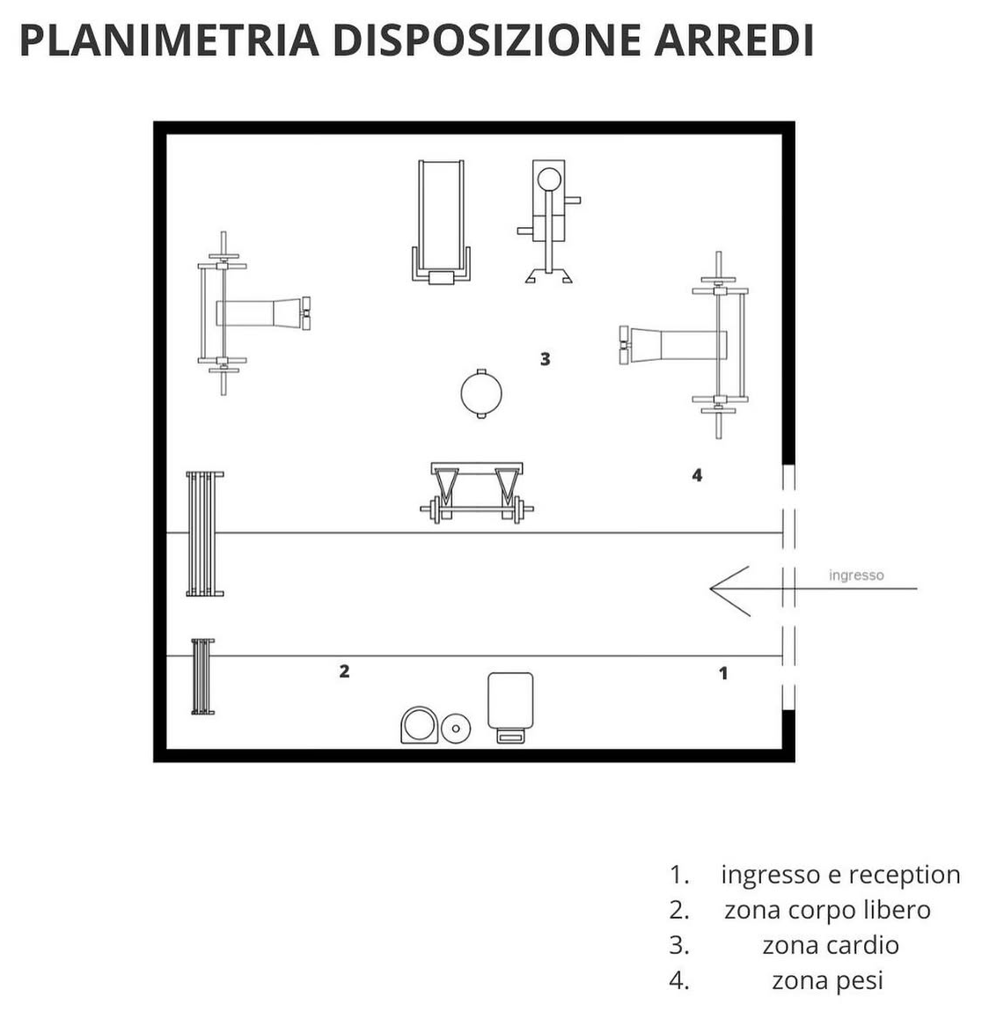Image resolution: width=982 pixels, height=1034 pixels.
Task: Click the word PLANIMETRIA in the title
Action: (168, 40)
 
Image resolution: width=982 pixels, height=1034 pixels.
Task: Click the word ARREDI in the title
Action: (733, 40)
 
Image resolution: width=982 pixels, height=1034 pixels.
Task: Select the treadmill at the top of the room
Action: (441, 221)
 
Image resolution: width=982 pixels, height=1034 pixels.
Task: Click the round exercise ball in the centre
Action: (481, 393)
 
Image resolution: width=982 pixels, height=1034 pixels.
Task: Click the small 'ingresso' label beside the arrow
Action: (855, 576)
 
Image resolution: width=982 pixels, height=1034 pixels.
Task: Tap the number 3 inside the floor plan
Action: (546, 359)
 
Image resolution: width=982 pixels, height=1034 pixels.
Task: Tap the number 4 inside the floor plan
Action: (697, 475)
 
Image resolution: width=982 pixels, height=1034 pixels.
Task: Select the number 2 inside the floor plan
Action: (344, 671)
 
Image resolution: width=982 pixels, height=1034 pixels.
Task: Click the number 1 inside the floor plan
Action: (723, 673)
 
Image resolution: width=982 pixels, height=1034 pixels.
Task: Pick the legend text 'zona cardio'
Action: (830, 945)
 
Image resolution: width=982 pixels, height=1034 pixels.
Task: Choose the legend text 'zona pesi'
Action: (827, 980)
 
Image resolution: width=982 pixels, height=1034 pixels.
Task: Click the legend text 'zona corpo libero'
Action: (827, 910)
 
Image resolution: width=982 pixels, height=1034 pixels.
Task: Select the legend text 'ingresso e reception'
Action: (839, 875)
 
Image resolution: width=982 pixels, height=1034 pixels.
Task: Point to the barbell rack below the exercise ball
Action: (476, 492)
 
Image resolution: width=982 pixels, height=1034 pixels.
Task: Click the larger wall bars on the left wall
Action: (204, 533)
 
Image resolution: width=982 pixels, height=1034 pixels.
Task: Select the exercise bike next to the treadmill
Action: (549, 220)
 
